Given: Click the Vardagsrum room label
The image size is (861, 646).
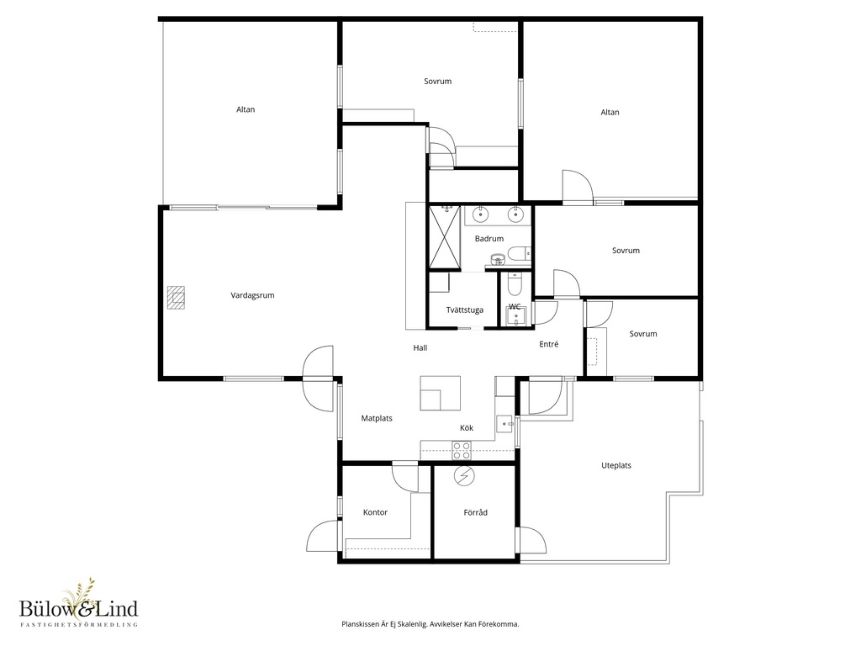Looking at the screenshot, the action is [252, 295].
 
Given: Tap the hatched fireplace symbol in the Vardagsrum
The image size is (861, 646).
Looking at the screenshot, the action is [177, 298].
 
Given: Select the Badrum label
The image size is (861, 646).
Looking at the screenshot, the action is [489, 238].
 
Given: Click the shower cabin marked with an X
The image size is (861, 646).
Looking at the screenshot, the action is [444, 236].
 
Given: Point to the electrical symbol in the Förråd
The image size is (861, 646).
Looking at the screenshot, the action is [463, 476].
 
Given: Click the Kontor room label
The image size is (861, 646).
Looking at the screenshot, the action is [376, 512].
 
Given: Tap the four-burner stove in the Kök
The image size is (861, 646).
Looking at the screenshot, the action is [462, 451].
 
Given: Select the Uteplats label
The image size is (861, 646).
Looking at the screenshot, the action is [616, 465].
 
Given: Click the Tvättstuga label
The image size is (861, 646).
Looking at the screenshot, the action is [464, 310].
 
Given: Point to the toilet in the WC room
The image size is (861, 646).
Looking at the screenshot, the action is [515, 285].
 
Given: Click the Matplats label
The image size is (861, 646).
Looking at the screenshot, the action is [377, 418].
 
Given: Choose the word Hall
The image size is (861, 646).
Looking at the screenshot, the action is [420, 347].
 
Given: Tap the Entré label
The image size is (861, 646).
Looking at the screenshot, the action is [549, 344].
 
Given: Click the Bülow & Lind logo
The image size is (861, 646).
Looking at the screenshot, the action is [78, 603].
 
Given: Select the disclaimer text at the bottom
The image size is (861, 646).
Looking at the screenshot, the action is [430, 624].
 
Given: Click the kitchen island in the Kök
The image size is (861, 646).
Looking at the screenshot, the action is [441, 394].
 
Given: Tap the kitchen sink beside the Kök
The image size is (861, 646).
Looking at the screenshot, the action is [505, 424].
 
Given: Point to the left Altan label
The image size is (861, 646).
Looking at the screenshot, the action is [246, 109].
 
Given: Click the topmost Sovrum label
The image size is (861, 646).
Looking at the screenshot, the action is [437, 82].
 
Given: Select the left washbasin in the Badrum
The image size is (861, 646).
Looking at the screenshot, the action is [480, 214].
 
